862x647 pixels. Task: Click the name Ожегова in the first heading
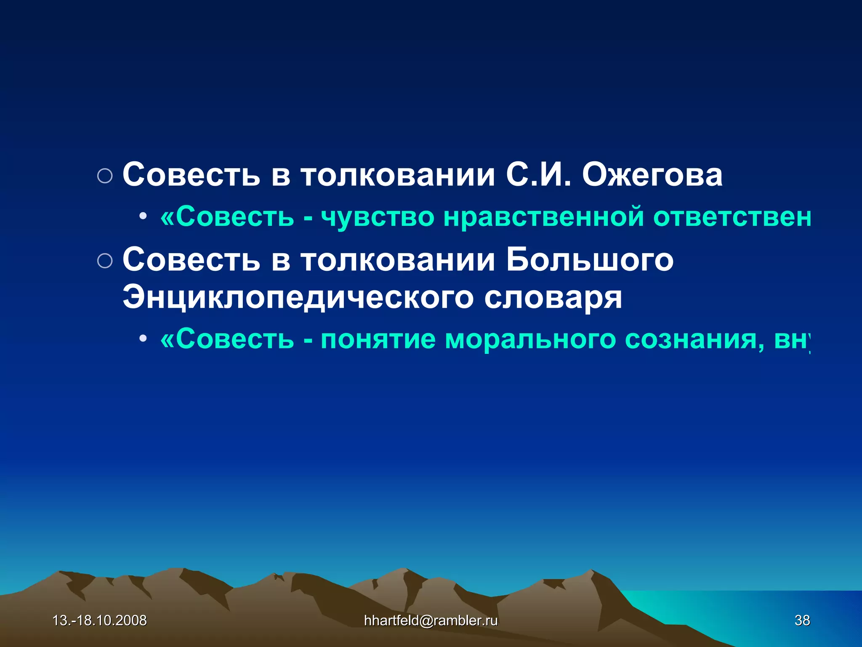click(652, 175)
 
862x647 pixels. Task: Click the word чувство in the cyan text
click(377, 217)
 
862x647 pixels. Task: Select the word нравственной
click(543, 217)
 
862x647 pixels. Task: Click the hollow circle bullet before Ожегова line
click(105, 176)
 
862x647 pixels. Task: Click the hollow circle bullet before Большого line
click(105, 261)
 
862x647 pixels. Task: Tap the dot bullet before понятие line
click(143, 339)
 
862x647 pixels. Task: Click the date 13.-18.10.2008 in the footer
click(99, 620)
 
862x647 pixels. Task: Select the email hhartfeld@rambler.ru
click(431, 620)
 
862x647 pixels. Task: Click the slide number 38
click(802, 620)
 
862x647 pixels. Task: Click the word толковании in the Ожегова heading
click(398, 175)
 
